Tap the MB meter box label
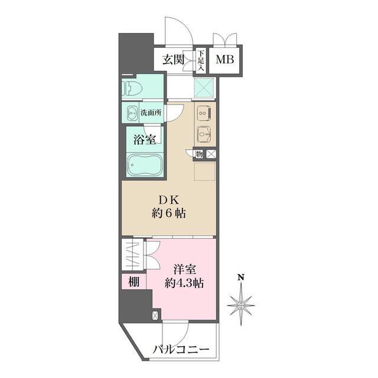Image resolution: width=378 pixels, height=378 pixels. click(x=224, y=60)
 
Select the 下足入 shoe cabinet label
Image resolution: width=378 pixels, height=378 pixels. click(x=201, y=60)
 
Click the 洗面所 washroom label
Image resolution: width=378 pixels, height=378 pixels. click(x=151, y=113)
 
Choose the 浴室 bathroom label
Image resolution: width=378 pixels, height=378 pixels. click(x=144, y=141)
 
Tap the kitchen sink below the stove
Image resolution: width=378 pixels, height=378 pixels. click(x=203, y=135)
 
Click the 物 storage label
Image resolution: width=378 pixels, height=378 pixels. click(x=199, y=154)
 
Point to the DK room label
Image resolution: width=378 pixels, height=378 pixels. click(x=168, y=199)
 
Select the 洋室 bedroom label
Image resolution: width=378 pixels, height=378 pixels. click(x=184, y=269)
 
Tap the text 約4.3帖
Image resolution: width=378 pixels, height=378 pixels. click(x=184, y=283)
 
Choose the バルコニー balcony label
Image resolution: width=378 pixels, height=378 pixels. click(x=181, y=350)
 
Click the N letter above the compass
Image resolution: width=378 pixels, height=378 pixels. click(x=241, y=276)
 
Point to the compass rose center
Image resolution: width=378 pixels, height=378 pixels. click(x=241, y=304)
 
